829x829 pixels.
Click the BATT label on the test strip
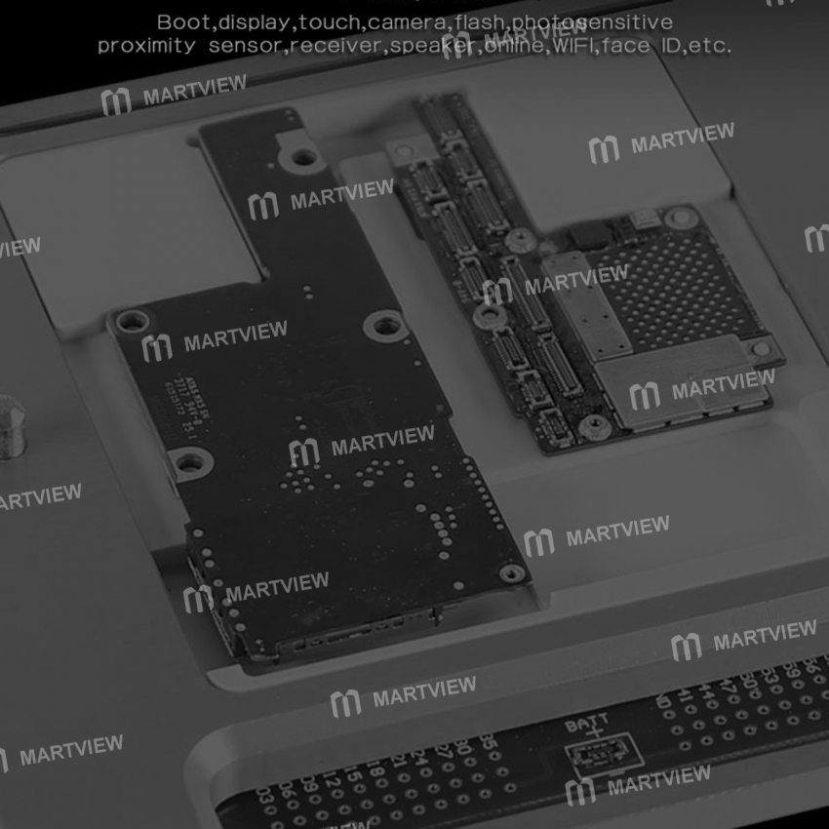tap(586, 723)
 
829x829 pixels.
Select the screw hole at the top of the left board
tap(303, 156)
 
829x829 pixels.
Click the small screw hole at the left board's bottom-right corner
tap(509, 573)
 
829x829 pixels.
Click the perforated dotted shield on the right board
tap(692, 283)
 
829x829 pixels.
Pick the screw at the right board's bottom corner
tap(591, 425)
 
